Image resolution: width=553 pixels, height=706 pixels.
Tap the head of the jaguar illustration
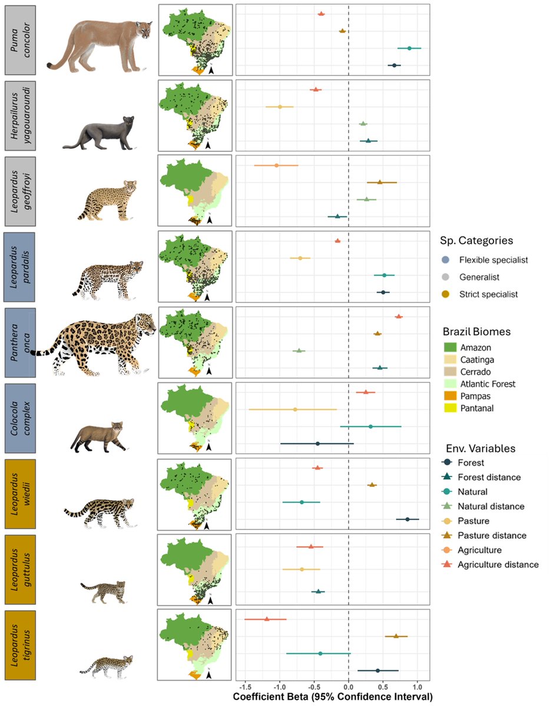(x=142, y=323)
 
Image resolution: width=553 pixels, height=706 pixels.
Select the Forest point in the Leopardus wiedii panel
(x=407, y=519)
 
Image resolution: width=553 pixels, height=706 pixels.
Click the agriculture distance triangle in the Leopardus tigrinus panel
(x=267, y=619)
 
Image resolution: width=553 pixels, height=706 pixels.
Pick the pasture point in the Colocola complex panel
(x=295, y=409)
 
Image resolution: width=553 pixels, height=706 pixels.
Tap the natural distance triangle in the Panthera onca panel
(x=299, y=351)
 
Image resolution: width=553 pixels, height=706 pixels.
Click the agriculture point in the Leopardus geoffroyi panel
(x=276, y=165)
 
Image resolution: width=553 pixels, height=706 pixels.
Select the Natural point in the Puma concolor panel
(x=409, y=48)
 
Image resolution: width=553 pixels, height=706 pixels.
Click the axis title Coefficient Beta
(x=333, y=697)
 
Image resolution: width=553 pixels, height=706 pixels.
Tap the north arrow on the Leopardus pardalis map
(x=207, y=298)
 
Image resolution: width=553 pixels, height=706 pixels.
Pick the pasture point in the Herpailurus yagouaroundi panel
(x=280, y=107)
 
